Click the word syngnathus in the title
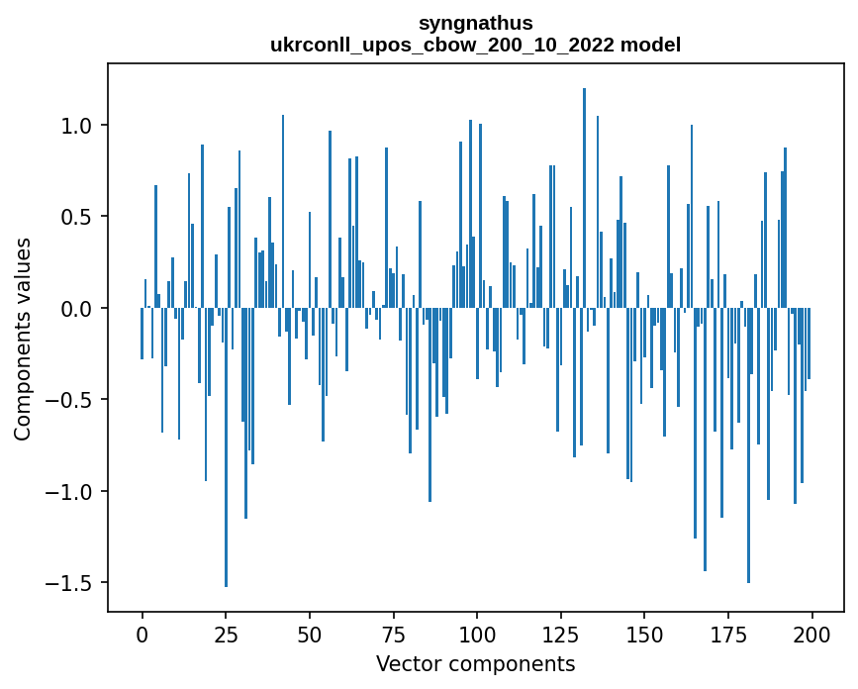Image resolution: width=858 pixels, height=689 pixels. pos(475,23)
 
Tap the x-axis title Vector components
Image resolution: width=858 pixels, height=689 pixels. pos(475,663)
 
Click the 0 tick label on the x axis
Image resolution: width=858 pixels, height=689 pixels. pos(142,633)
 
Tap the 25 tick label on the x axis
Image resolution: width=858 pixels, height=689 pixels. pos(226,633)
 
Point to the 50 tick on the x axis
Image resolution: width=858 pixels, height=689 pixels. pos(310,633)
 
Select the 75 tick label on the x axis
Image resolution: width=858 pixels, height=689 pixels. pos(393,633)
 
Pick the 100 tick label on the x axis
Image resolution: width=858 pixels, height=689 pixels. pos(477,633)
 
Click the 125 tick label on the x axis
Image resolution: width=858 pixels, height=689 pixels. pos(561,633)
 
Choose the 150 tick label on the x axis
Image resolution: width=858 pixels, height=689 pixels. pos(644,633)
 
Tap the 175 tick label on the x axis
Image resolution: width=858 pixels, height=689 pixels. pos(728,633)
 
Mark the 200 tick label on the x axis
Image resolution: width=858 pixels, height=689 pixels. pos(811,633)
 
